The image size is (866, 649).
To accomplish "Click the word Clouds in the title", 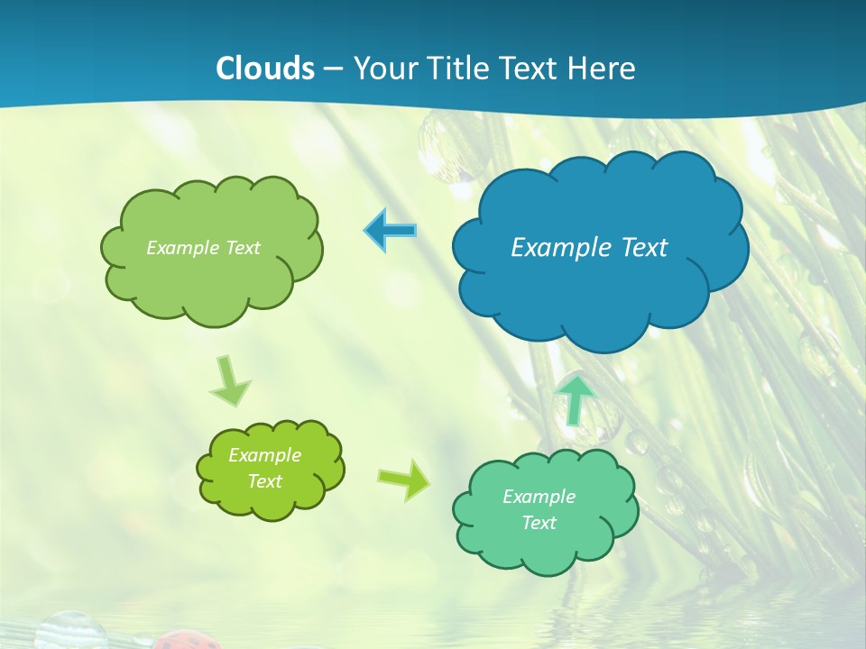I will pyautogui.click(x=265, y=69).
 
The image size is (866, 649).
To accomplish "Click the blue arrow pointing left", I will pyautogui.click(x=391, y=231).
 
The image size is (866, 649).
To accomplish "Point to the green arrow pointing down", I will pyautogui.click(x=230, y=381).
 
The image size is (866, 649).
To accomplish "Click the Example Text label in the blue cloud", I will pyautogui.click(x=589, y=248).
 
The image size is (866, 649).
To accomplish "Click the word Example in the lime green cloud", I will pyautogui.click(x=264, y=455).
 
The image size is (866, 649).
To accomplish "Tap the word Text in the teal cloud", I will pyautogui.click(x=539, y=523).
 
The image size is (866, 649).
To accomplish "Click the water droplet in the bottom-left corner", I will pyautogui.click(x=70, y=630).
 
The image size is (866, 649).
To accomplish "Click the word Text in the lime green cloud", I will pyautogui.click(x=264, y=481).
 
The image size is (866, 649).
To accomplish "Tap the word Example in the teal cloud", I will pyautogui.click(x=539, y=497).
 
